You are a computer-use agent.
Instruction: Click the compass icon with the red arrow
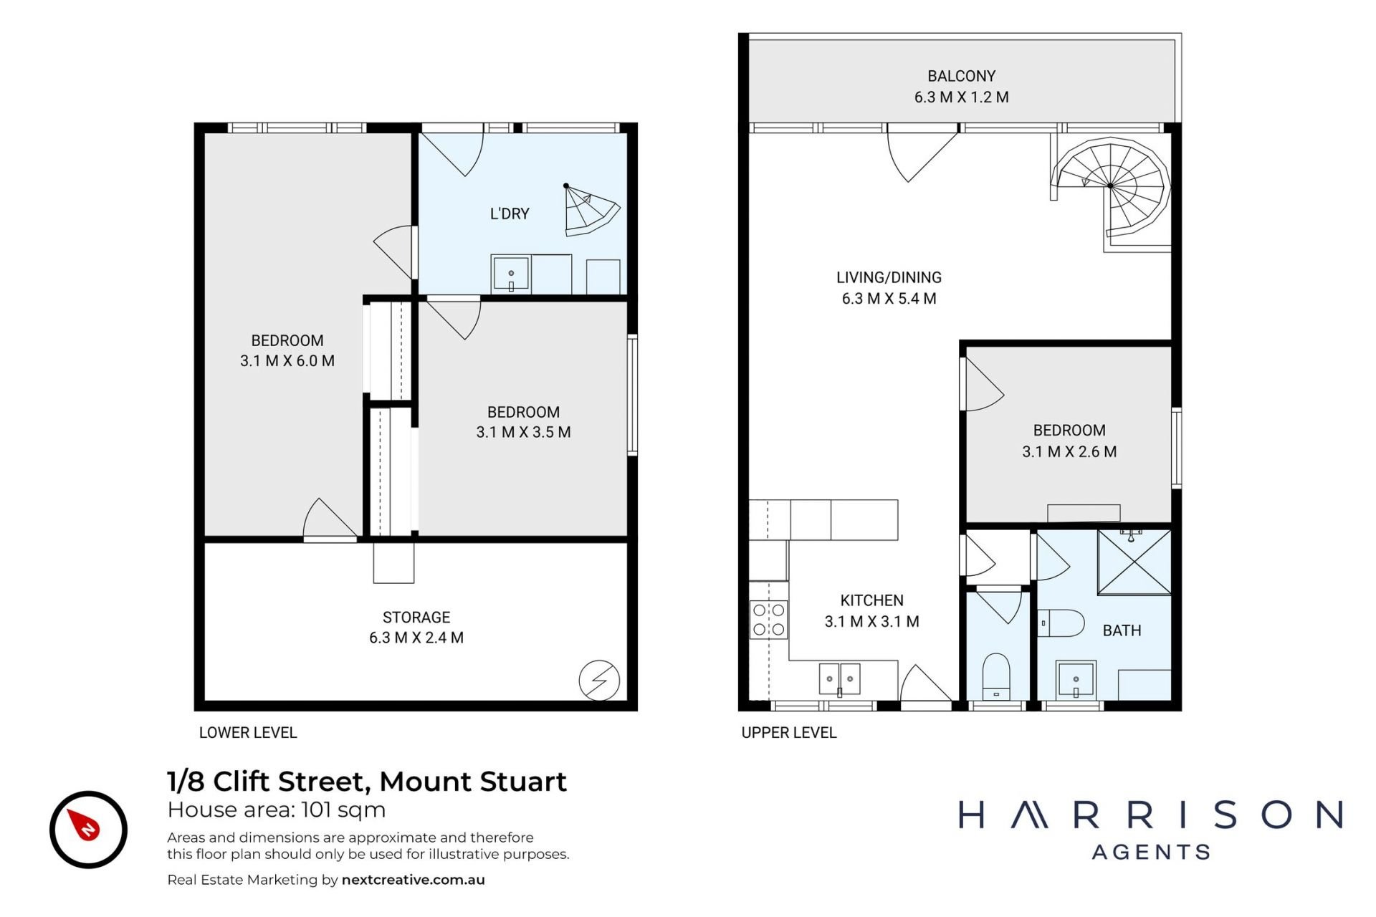click(88, 830)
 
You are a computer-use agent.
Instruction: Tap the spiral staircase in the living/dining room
click(1110, 190)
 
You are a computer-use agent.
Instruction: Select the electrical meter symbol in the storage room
click(599, 680)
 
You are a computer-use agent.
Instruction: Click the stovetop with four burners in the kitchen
click(768, 620)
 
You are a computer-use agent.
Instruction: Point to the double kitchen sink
click(839, 678)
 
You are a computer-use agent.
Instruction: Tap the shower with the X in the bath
click(1134, 562)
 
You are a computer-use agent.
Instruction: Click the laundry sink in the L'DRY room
click(511, 273)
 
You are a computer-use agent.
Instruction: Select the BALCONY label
click(961, 76)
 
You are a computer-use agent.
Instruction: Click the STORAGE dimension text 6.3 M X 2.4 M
click(416, 638)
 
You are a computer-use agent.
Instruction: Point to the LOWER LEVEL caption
click(248, 733)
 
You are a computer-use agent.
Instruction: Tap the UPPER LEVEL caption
click(789, 733)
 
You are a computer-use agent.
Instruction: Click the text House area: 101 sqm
click(277, 810)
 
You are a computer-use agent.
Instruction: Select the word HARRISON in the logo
click(1151, 815)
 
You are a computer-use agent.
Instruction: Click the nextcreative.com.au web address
click(414, 880)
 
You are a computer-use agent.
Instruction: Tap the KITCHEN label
click(871, 600)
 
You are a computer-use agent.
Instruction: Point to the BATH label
click(1122, 630)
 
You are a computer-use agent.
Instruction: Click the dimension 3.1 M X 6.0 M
click(287, 361)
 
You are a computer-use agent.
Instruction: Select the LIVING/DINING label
click(889, 277)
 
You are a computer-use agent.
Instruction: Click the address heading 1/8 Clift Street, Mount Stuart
click(367, 782)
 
